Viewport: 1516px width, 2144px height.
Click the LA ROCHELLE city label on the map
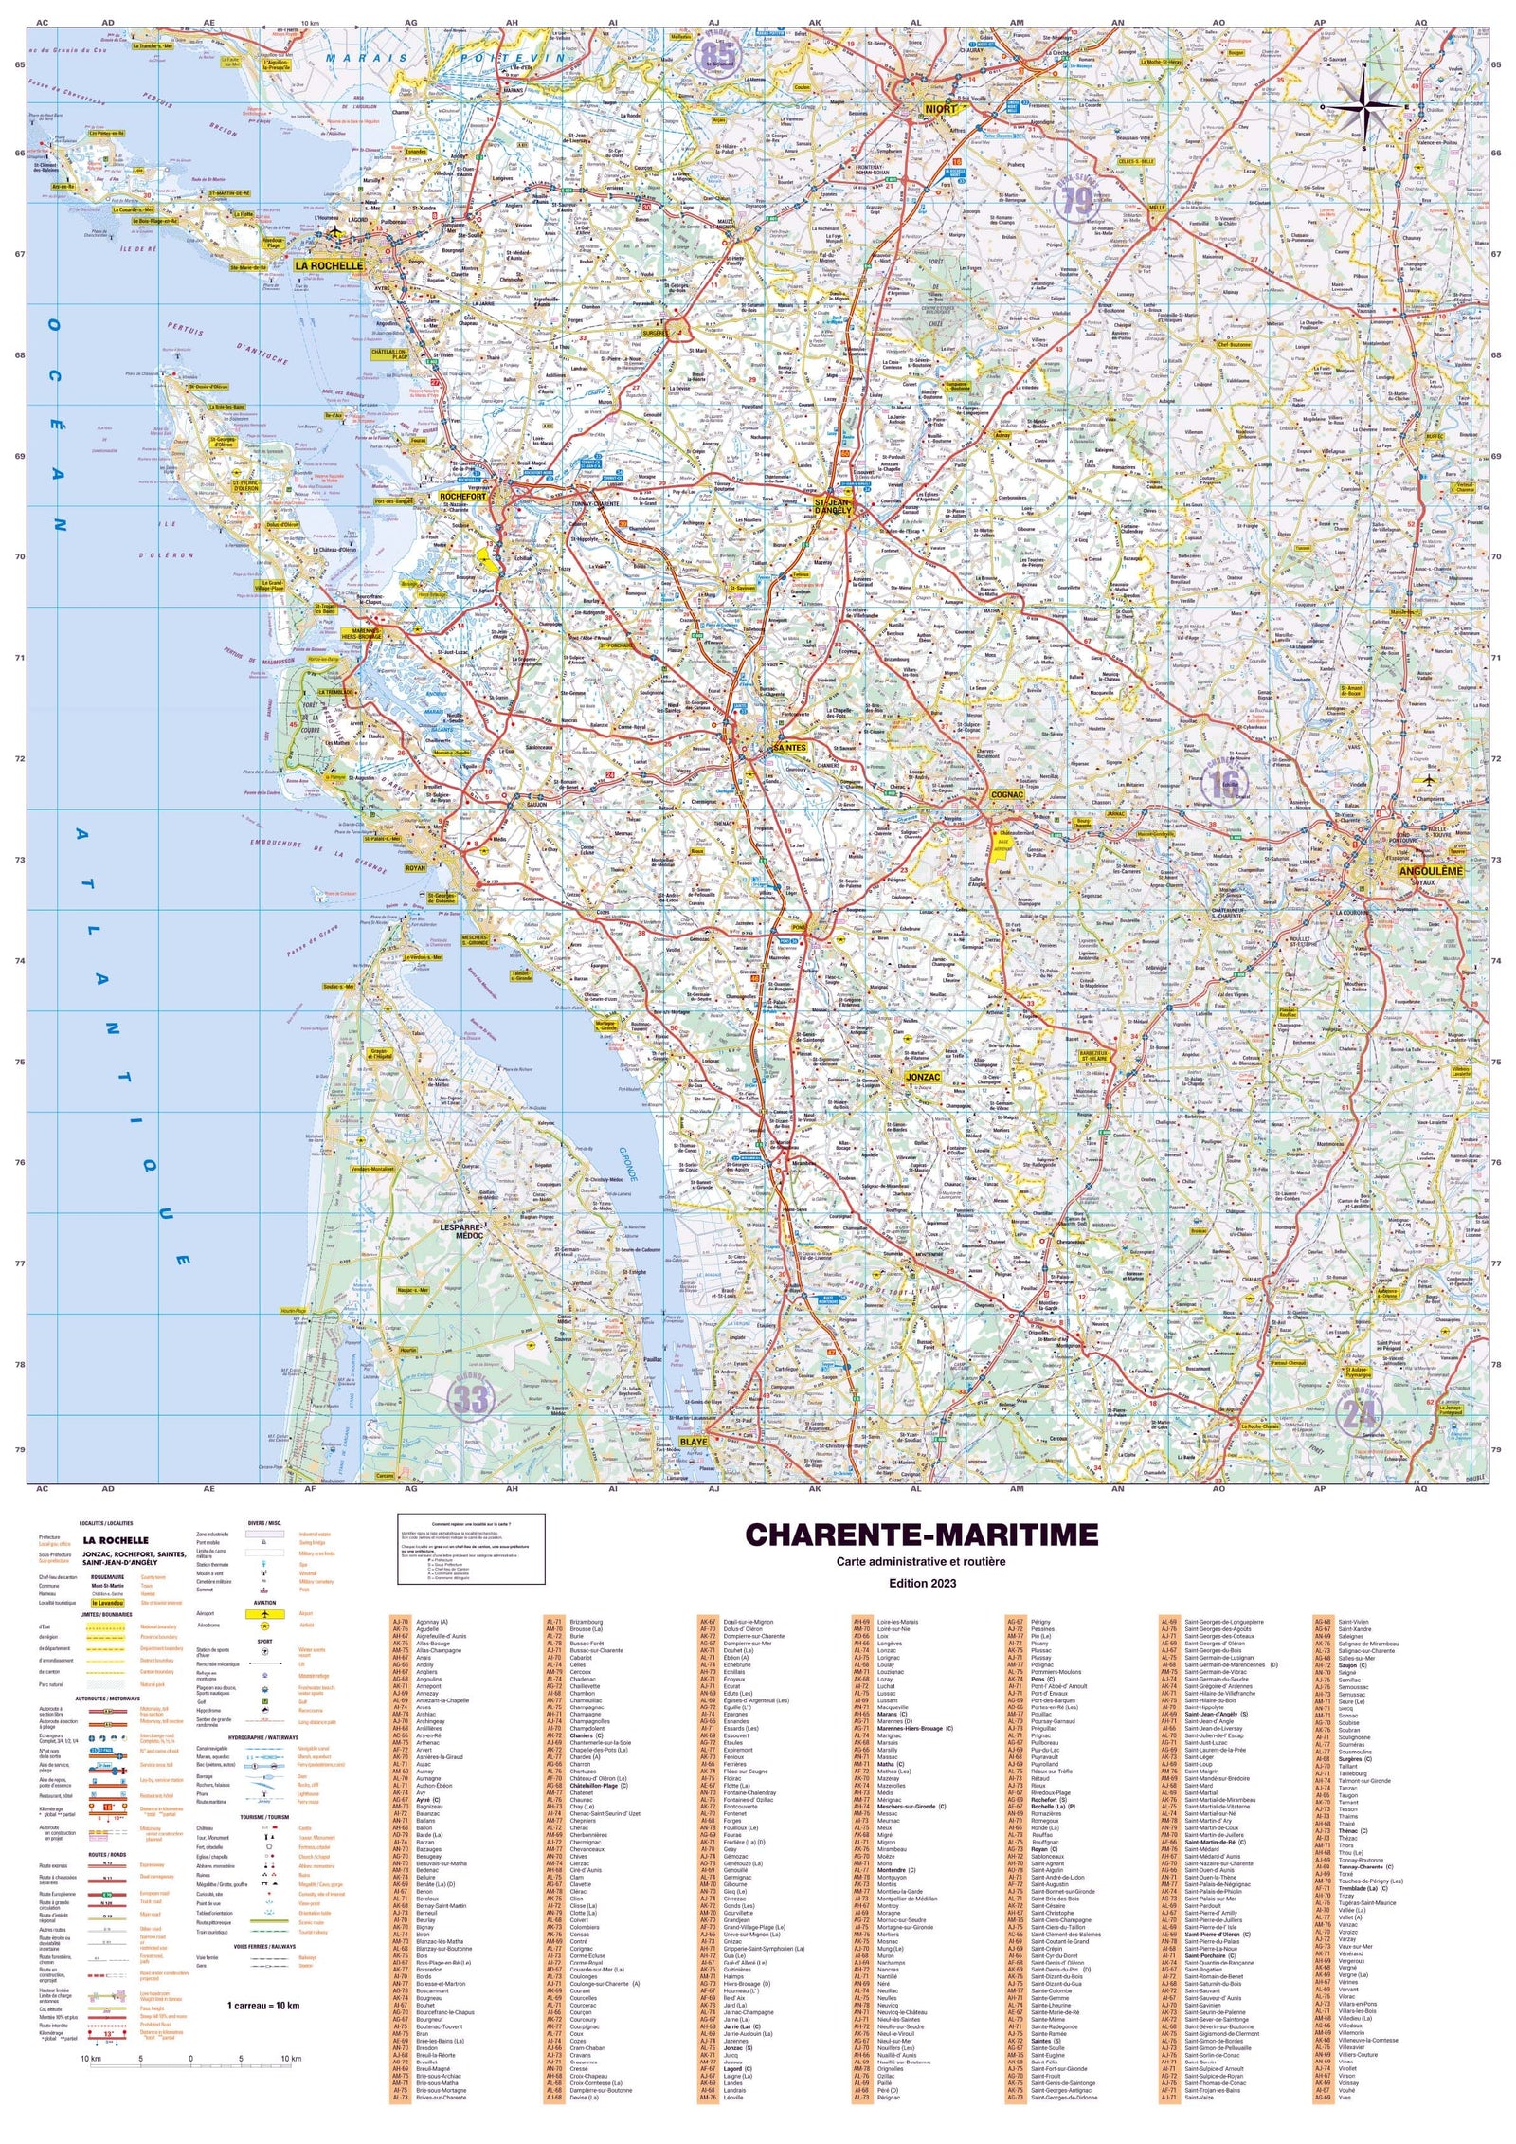click(x=329, y=266)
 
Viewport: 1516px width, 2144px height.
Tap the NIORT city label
click(x=941, y=109)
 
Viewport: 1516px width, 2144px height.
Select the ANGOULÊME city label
click(x=1430, y=871)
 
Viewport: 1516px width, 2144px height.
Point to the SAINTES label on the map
click(x=789, y=748)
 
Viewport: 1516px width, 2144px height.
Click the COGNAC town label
click(x=1006, y=795)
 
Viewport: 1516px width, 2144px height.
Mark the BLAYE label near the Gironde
click(x=693, y=1442)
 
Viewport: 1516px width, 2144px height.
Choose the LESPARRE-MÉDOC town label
click(x=462, y=1231)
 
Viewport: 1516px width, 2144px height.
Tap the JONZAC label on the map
click(x=922, y=1077)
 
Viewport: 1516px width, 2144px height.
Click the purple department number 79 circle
click(x=1077, y=201)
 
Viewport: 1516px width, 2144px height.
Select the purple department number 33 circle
click(x=471, y=1398)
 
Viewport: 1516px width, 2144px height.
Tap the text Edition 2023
click(x=922, y=1583)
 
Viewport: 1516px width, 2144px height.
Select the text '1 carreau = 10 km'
click(x=263, y=2006)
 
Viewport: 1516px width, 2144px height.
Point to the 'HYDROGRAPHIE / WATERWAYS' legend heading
click(x=263, y=1738)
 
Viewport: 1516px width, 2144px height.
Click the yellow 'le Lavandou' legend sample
click(x=108, y=1603)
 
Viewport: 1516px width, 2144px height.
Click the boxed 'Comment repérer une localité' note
click(x=471, y=1549)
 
